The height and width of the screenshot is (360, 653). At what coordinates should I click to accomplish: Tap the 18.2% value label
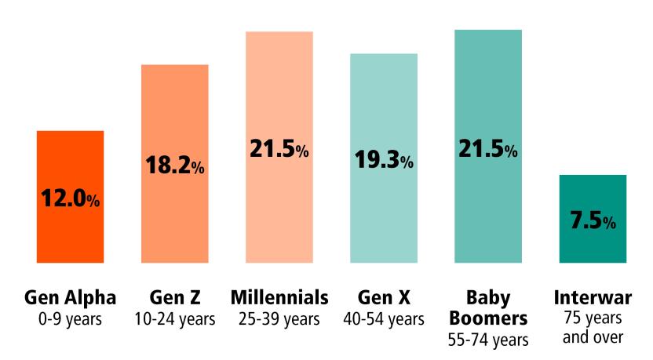pos(174,165)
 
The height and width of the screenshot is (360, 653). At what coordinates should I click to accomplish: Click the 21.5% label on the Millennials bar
pos(279,149)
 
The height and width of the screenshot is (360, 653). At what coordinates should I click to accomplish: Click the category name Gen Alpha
pos(70,298)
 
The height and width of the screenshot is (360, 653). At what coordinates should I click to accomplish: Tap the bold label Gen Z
pos(174,298)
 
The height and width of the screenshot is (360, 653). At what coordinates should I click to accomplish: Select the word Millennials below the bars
pos(279,298)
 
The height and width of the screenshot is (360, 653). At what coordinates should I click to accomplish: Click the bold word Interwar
pos(593,298)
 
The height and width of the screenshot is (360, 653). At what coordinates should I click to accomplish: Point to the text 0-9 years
pos(70,319)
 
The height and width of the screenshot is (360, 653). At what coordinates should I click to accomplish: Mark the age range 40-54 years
pos(384,319)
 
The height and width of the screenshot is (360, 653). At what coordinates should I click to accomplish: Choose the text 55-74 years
pos(488,340)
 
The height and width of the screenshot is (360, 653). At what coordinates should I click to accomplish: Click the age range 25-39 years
pos(279,319)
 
